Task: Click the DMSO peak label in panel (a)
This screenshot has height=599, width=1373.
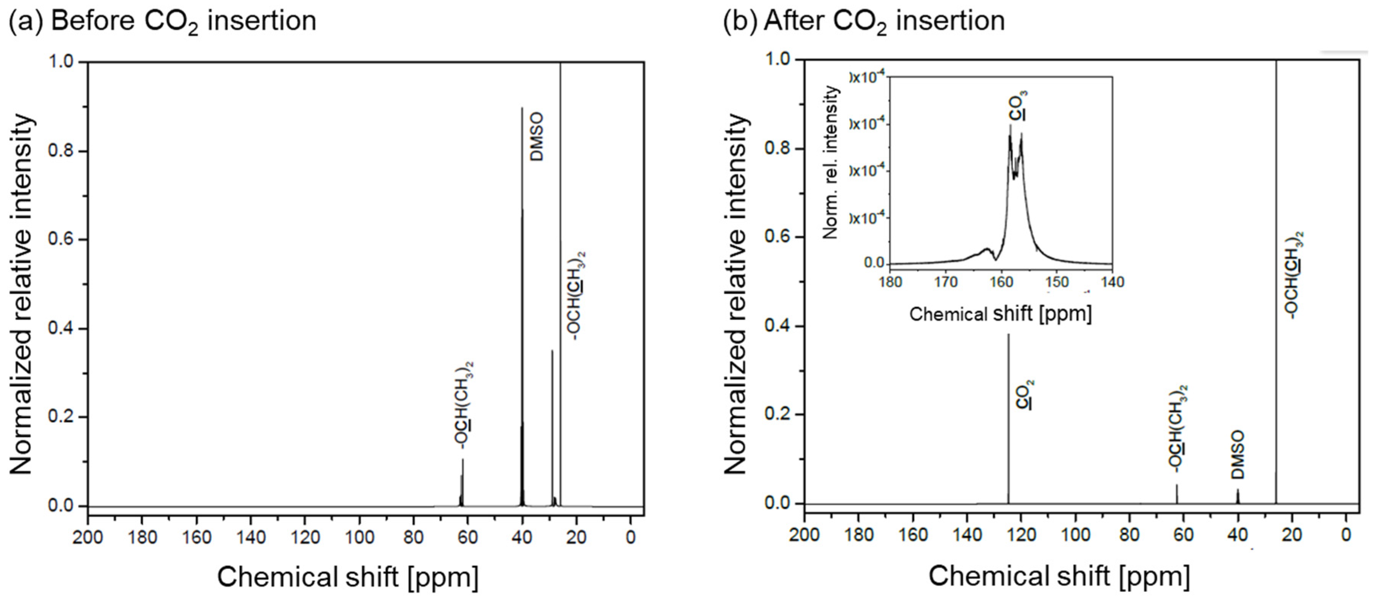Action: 538,137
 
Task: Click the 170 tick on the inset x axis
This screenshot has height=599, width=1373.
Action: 947,281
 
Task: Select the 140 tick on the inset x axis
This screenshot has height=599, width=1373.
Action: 1112,281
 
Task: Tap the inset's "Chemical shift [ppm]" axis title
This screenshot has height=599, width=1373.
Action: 1000,314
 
